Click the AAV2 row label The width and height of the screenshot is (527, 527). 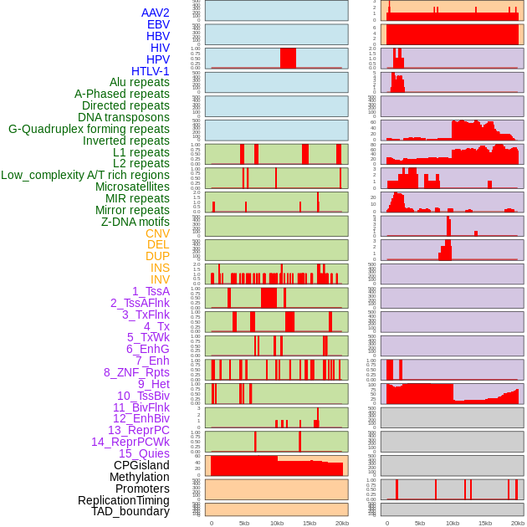point(155,13)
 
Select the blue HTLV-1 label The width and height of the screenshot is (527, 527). point(150,71)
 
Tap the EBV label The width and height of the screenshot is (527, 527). point(158,24)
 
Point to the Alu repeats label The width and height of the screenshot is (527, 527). point(139,82)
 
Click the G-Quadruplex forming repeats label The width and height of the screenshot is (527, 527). point(89,129)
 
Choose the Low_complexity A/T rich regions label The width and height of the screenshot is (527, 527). point(85,175)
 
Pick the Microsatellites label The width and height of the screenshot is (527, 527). point(132,187)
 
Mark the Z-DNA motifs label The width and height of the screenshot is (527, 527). point(136,222)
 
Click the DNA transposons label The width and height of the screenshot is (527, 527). point(124,117)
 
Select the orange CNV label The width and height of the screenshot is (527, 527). point(157,233)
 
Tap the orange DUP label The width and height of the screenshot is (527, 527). point(157,256)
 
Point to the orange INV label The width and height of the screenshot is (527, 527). point(160,279)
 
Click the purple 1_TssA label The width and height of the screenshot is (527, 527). point(151,291)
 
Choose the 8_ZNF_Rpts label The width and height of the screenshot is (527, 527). point(136,372)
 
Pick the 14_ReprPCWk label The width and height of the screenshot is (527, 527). point(130,442)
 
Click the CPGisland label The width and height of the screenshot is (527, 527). point(141,465)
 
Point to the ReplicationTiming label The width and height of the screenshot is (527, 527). point(124,500)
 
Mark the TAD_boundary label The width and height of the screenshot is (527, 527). point(130,511)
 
